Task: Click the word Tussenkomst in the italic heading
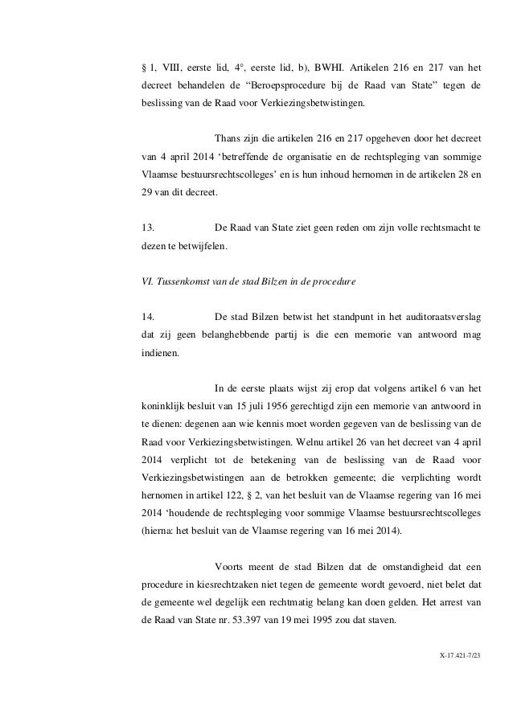pyautogui.click(x=183, y=282)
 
